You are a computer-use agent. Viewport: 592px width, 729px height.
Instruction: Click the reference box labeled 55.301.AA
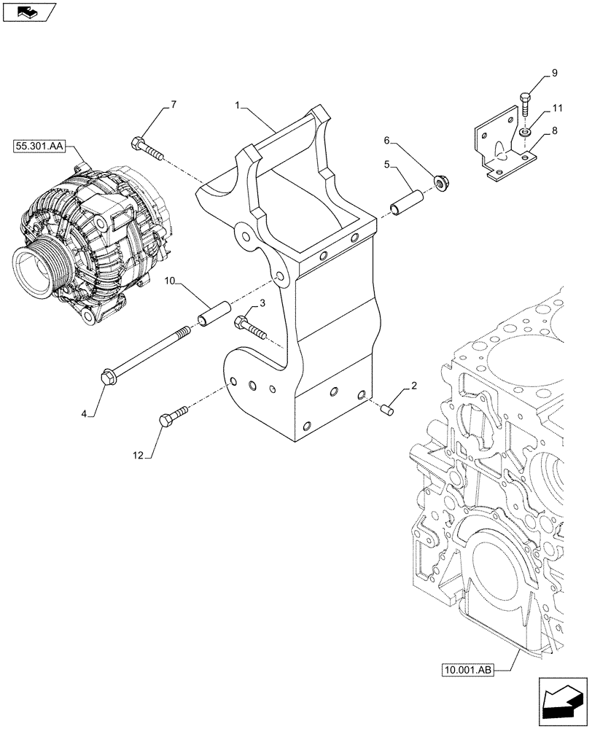pyautogui.click(x=39, y=147)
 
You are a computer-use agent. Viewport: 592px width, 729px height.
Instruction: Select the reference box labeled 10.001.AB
pyautogui.click(x=467, y=667)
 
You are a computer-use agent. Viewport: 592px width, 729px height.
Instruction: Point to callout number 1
pyautogui.click(x=238, y=106)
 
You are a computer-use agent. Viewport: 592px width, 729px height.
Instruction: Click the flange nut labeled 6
pyautogui.click(x=440, y=183)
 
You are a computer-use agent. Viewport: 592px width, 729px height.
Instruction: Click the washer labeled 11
pyautogui.click(x=525, y=132)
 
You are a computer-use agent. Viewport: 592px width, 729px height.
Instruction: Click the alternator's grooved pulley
pyautogui.click(x=34, y=269)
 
